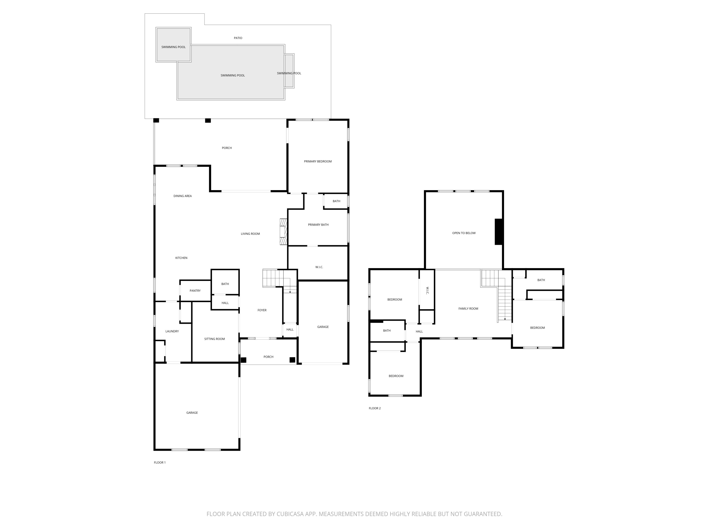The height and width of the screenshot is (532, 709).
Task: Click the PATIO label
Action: pyautogui.click(x=238, y=38)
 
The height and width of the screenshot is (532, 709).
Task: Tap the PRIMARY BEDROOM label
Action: pyautogui.click(x=318, y=161)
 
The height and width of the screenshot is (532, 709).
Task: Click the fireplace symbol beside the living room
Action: pyautogui.click(x=283, y=232)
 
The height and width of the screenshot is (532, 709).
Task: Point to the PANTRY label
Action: pyautogui.click(x=195, y=291)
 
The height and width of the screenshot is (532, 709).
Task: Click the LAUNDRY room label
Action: pyautogui.click(x=172, y=331)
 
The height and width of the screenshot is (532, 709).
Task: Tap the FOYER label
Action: pyautogui.click(x=262, y=310)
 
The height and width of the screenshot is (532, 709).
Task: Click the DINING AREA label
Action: pyautogui.click(x=182, y=196)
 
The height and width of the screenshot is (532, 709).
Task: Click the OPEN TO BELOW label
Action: pyautogui.click(x=464, y=233)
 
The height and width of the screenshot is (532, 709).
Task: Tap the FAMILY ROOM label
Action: pyautogui.click(x=468, y=309)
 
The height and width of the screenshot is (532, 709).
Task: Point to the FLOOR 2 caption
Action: pyautogui.click(x=375, y=408)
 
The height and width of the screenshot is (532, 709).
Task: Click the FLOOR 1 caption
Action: pyautogui.click(x=160, y=462)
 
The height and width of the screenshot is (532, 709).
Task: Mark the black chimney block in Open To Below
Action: pyautogui.click(x=498, y=232)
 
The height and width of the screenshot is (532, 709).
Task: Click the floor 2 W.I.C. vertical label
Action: pyautogui.click(x=427, y=291)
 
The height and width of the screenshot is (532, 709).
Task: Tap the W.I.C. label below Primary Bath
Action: pyautogui.click(x=319, y=267)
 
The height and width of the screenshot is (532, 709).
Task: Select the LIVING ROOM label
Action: pyautogui.click(x=250, y=234)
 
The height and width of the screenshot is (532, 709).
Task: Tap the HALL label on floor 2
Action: pyautogui.click(x=419, y=331)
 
